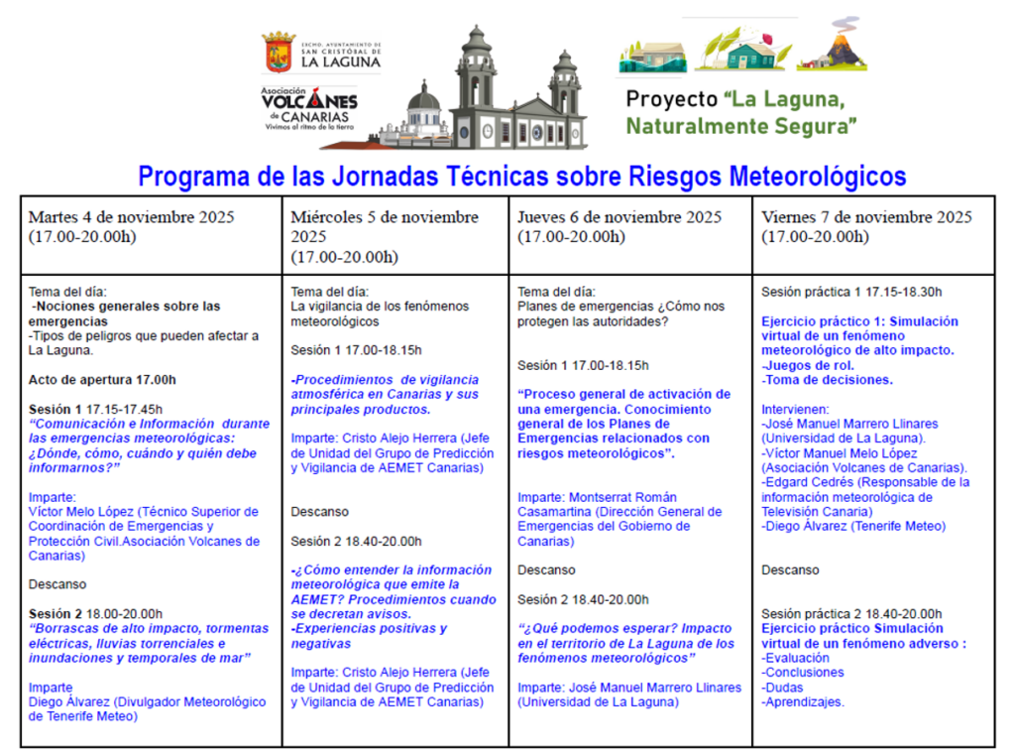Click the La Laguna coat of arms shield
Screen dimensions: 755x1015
tap(278, 53)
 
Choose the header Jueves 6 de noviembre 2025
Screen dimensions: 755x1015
tap(620, 217)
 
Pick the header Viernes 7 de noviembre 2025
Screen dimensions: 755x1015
tap(866, 217)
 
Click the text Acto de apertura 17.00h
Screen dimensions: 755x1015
tap(102, 380)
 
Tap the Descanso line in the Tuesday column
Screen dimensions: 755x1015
tap(57, 584)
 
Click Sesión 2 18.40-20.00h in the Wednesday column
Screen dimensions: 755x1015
tap(356, 541)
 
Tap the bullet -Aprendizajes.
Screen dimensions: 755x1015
tap(803, 701)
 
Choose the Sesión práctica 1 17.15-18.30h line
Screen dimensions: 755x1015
tap(850, 292)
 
